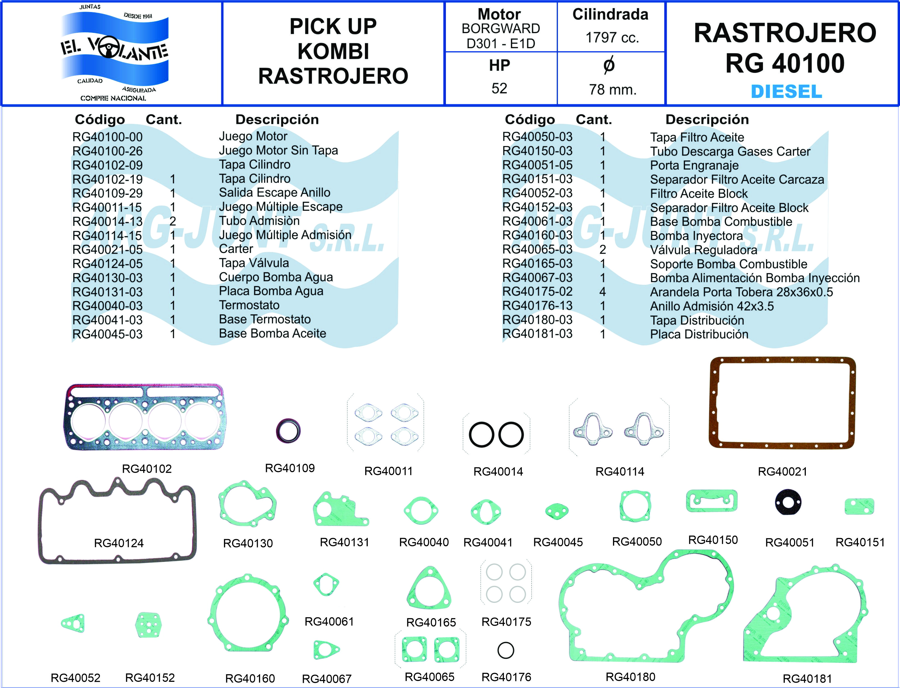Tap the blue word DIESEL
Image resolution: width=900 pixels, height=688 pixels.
[786, 91]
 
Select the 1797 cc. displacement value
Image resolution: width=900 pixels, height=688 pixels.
[612, 38]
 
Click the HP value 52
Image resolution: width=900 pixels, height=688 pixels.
[499, 89]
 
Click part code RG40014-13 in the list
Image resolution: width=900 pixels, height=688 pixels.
[107, 221]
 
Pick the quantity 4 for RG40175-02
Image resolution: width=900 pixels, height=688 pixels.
[602, 292]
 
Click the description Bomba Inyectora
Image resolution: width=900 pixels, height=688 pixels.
[696, 236]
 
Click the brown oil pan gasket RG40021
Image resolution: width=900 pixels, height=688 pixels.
[782, 403]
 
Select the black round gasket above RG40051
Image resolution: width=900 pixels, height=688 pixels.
[788, 502]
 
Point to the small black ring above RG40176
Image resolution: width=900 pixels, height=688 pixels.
[505, 650]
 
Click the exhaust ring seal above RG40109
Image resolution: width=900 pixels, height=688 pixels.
[288, 431]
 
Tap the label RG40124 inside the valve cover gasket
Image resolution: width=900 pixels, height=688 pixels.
[119, 543]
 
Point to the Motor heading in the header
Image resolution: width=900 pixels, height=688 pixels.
[499, 14]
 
